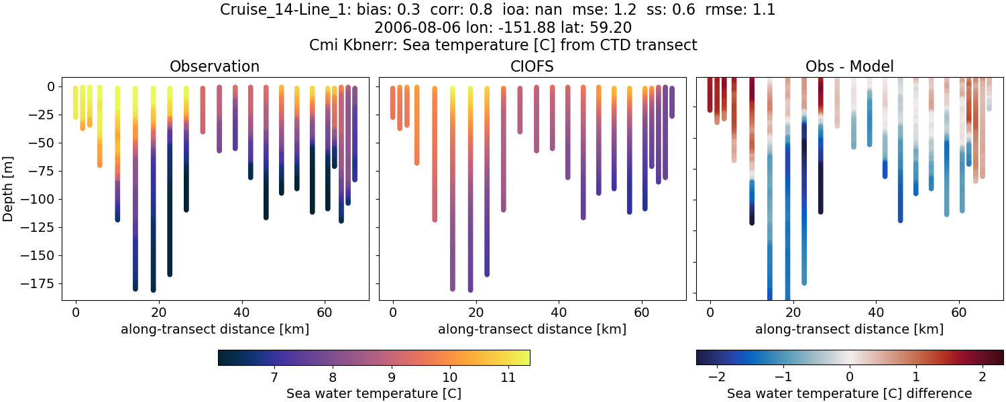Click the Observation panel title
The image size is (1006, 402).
point(215,66)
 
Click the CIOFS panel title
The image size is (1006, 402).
point(532,66)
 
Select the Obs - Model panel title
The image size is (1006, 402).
point(849,66)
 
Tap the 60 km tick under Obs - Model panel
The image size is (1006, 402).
point(959,312)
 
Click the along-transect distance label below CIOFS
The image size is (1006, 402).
point(532,329)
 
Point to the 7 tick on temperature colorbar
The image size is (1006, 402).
point(274,378)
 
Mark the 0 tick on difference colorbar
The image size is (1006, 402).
point(850,378)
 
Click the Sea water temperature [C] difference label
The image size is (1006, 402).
point(849,393)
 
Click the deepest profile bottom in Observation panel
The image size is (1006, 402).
point(153,289)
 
